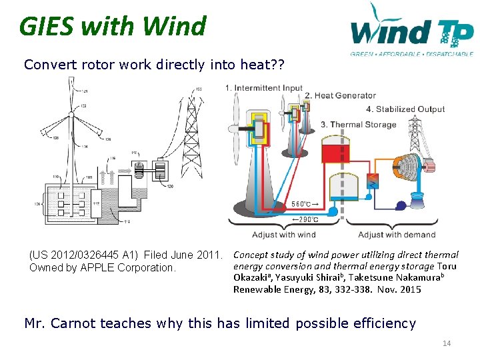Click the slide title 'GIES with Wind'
pyautogui.click(x=113, y=27)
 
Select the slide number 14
pyautogui.click(x=446, y=343)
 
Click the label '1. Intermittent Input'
pyautogui.click(x=263, y=88)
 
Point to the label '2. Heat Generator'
pyautogui.click(x=340, y=96)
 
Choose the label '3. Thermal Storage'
pyautogui.click(x=358, y=124)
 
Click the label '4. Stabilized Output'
pyautogui.click(x=405, y=109)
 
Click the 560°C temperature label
pyautogui.click(x=305, y=204)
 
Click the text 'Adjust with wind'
pyautogui.click(x=283, y=235)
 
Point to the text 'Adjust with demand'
pyautogui.click(x=396, y=235)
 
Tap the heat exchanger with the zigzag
pyautogui.click(x=373, y=179)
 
